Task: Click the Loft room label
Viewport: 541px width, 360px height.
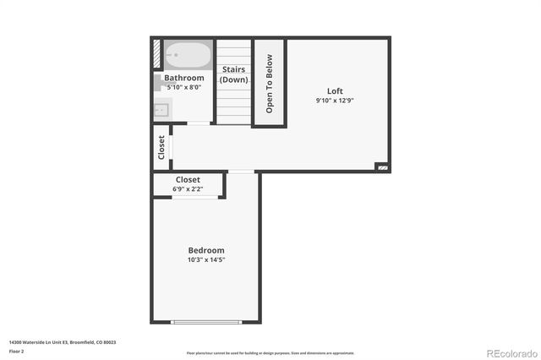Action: tap(336, 91)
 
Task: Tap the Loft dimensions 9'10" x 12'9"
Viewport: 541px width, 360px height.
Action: tap(336, 100)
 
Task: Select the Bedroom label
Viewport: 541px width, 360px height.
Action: tap(206, 250)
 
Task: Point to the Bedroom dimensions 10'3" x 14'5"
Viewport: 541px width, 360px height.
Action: tap(206, 259)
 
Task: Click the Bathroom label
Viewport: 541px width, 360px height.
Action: tap(184, 78)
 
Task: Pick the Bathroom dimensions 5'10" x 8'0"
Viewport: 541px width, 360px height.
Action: tap(184, 86)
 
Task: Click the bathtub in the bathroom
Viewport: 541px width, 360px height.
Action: tap(188, 56)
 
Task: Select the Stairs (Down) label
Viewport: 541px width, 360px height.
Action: tap(234, 74)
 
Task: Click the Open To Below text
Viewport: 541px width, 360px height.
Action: tap(270, 84)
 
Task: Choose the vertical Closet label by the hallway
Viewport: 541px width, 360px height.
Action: tap(161, 147)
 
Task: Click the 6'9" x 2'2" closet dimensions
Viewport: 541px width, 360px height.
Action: tap(188, 189)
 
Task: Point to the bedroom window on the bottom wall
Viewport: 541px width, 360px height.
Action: tap(206, 321)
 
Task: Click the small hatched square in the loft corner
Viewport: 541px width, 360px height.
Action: tap(383, 167)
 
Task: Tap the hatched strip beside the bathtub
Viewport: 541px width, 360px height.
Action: tap(158, 55)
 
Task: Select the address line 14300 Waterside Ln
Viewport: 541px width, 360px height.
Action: tap(63, 342)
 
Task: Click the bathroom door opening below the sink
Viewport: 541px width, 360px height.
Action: tap(199, 124)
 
